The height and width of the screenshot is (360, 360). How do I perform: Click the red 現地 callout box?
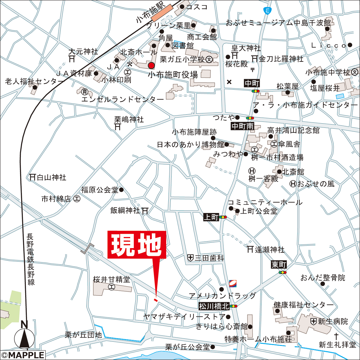pyautogui.click(x=136, y=245)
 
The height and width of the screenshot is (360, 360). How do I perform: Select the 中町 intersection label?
pyautogui.click(x=252, y=84)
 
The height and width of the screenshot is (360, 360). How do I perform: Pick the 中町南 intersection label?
pyautogui.click(x=242, y=126)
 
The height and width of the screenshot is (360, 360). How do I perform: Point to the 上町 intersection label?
pyautogui.click(x=211, y=217)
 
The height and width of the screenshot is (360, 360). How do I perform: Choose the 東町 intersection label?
pyautogui.click(x=279, y=265)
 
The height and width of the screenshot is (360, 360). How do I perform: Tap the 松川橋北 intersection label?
pyautogui.click(x=214, y=306)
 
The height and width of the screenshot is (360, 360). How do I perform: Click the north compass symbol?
pyautogui.click(x=25, y=337)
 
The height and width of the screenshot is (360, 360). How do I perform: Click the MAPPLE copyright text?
pyautogui.click(x=22, y=355)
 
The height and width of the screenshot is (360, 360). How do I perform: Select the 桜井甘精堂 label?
pyautogui.click(x=112, y=280)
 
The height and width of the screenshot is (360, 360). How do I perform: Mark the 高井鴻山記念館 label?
pyautogui.click(x=293, y=130)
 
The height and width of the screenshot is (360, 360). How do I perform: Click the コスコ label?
pyautogui.click(x=197, y=7)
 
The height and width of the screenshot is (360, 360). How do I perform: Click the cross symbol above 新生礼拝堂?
pyautogui.click(x=337, y=335)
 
